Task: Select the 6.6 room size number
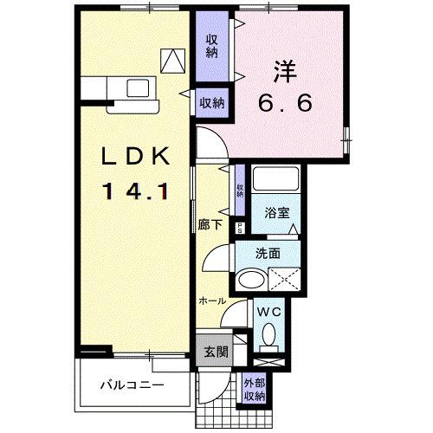click(283, 101)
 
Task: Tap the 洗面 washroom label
click(268, 254)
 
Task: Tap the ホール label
click(212, 301)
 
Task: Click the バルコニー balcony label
click(131, 384)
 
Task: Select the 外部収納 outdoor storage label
click(254, 390)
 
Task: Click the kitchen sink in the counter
click(137, 88)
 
